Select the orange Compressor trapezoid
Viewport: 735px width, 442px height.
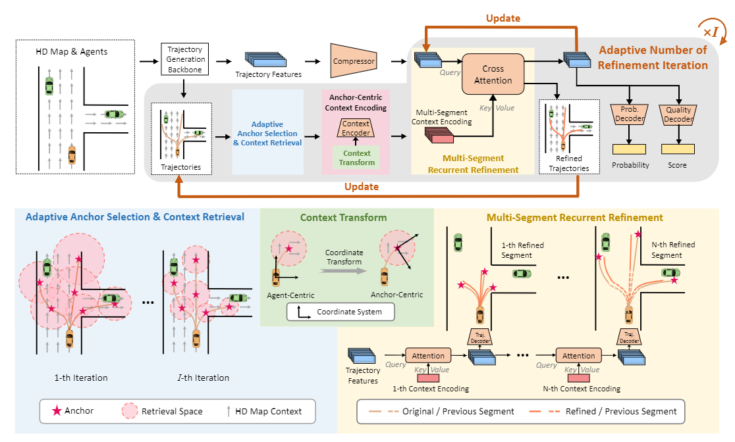(354, 61)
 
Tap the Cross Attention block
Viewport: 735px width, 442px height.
(493, 74)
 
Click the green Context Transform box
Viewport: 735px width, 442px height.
(357, 158)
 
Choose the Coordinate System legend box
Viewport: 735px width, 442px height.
(340, 312)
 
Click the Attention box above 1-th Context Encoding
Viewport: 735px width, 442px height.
(428, 356)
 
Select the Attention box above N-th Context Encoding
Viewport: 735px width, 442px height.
(578, 356)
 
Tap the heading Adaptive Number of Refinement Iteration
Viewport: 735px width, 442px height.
(652, 57)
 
